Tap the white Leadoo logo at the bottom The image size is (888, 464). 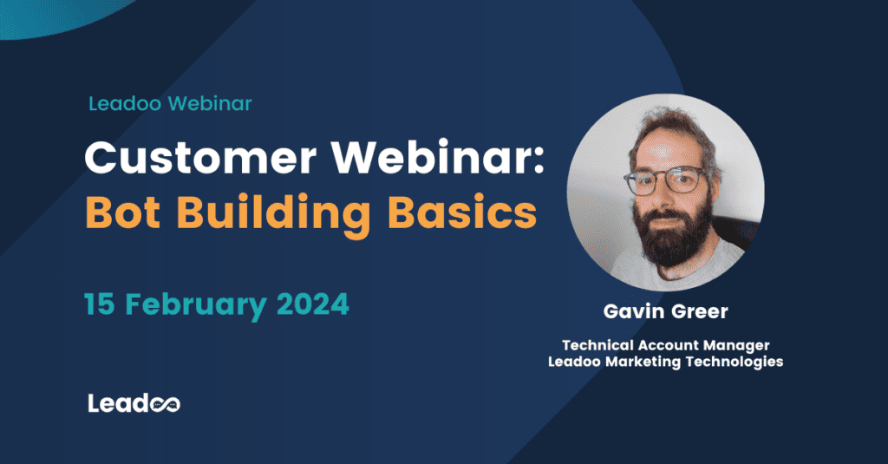tap(134, 403)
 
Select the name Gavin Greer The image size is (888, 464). tap(665, 310)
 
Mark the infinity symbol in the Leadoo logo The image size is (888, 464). tap(166, 404)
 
